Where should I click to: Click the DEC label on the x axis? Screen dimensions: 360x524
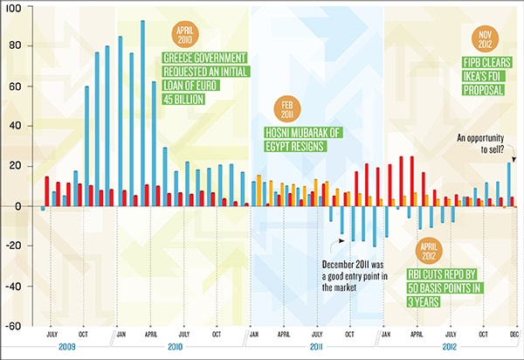point(514,335)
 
